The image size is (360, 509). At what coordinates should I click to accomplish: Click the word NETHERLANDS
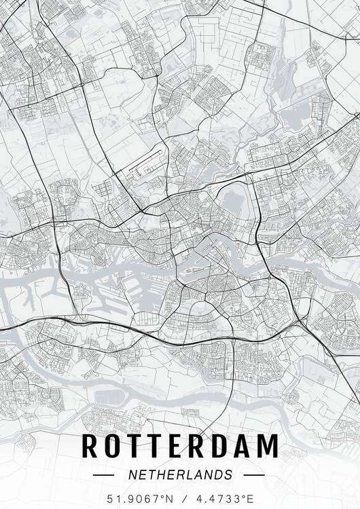(x=181, y=474)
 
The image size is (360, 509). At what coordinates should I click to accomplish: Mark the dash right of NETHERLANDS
(x=253, y=474)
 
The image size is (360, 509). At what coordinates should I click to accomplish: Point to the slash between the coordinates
(x=181, y=499)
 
